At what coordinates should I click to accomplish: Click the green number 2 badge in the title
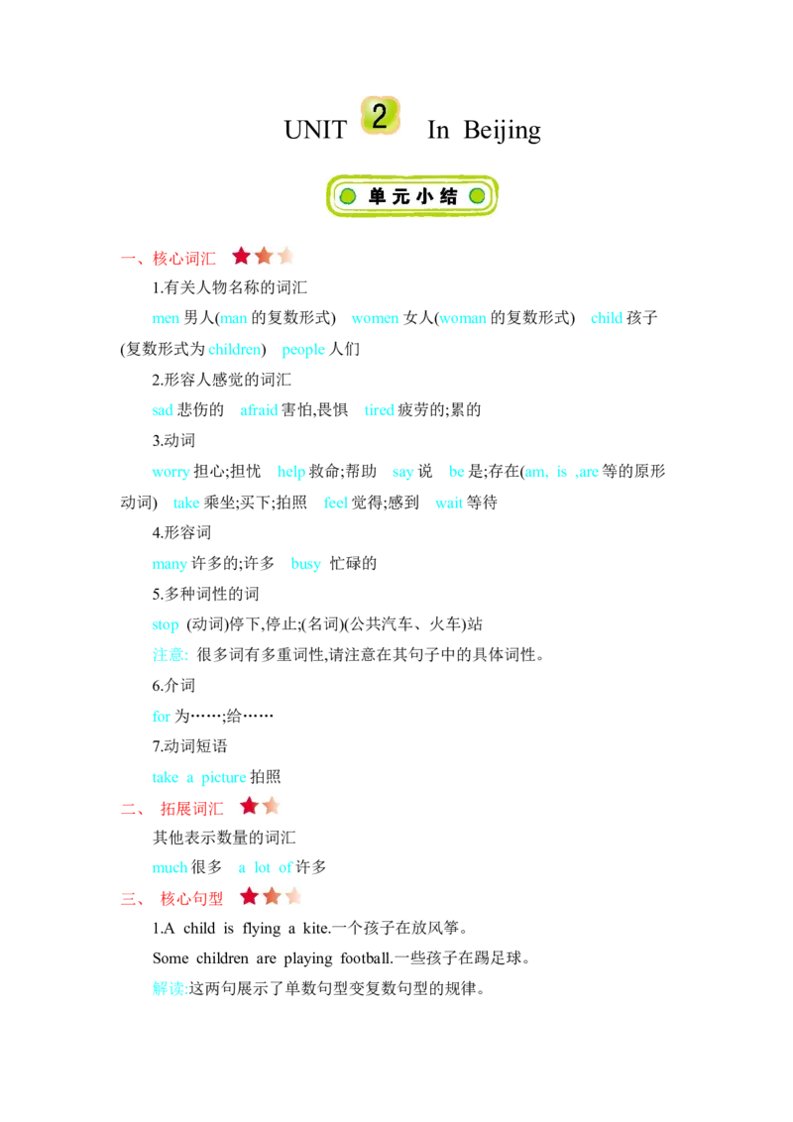pos(380,116)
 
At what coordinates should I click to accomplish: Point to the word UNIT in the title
pos(315,130)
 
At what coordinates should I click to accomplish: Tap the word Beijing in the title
pos(502,131)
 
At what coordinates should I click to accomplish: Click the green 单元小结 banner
pos(411,196)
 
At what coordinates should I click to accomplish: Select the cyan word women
pos(375,318)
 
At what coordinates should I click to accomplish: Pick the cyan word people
pos(303,350)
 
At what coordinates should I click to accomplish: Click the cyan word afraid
pos(259,410)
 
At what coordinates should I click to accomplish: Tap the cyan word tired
pos(380,410)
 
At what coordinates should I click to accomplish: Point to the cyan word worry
pos(171,472)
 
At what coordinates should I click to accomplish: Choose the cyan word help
pos(291,472)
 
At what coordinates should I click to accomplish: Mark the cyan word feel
pos(336,504)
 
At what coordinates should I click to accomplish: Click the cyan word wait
pos(449,504)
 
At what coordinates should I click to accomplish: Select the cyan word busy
pos(305,565)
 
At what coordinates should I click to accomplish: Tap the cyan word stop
pos(166,625)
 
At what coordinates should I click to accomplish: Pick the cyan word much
pos(170,868)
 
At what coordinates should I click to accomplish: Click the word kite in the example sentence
pos(315,929)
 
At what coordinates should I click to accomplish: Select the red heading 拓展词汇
pos(192,809)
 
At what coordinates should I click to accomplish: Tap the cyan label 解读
pos(169,989)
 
